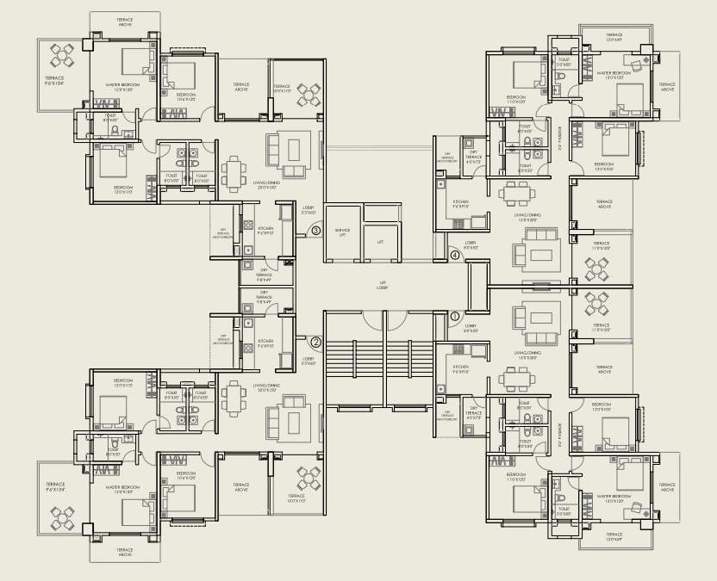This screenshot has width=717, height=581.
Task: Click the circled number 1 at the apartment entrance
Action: pyautogui.click(x=455, y=316)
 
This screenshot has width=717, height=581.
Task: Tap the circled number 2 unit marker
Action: pyautogui.click(x=315, y=342)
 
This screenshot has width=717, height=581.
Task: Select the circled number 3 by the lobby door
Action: pyautogui.click(x=315, y=231)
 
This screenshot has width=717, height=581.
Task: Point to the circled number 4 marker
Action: pyautogui.click(x=455, y=254)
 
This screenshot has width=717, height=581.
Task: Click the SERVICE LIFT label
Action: pyautogui.click(x=342, y=232)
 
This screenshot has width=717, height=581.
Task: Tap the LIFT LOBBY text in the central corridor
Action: pyautogui.click(x=381, y=286)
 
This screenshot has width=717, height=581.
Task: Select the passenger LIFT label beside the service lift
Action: pyautogui.click(x=380, y=242)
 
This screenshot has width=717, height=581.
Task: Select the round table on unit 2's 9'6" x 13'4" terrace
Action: pyautogui.click(x=63, y=518)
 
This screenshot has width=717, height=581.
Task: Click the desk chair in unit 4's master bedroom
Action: pyautogui.click(x=639, y=65)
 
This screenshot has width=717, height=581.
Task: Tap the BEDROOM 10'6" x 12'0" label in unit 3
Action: pyautogui.click(x=186, y=96)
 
